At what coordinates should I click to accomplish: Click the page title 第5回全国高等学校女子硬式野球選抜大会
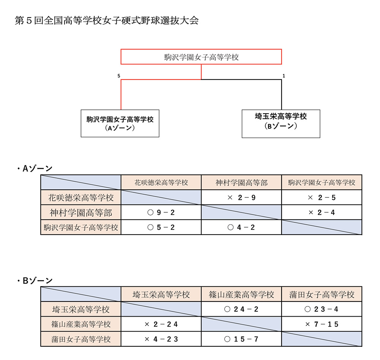tap(107, 21)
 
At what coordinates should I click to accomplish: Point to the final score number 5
tap(119, 76)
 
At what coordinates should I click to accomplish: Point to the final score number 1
tap(284, 76)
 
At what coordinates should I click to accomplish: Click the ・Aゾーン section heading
tap(35, 168)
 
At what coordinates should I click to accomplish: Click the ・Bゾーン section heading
tap(35, 281)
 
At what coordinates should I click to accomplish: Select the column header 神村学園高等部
tap(241, 182)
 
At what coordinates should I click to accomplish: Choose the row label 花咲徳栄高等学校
tap(81, 197)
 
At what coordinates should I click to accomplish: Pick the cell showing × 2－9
tap(241, 197)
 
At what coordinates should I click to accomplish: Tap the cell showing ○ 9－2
tap(161, 213)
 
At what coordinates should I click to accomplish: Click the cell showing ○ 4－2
tap(241, 227)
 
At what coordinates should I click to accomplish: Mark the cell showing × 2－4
tap(321, 213)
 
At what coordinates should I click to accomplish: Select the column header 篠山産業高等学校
tap(241, 294)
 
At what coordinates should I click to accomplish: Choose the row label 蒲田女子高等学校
tap(81, 339)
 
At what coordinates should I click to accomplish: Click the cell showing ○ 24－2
tap(241, 309)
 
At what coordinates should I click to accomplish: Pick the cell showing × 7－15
tap(321, 324)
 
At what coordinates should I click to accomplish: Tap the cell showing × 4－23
tap(161, 339)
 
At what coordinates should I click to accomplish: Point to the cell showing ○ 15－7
tap(241, 339)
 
